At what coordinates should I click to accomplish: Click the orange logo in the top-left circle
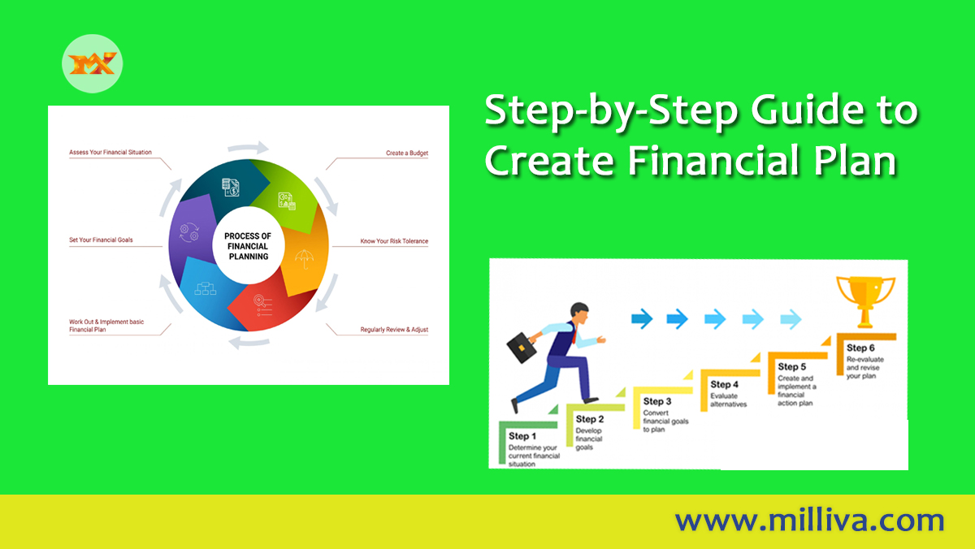click(x=93, y=62)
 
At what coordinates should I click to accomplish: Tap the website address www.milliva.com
click(x=809, y=520)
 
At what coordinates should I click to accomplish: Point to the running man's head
click(x=579, y=313)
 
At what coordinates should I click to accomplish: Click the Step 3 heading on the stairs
click(x=657, y=401)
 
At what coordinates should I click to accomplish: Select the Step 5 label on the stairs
click(x=792, y=367)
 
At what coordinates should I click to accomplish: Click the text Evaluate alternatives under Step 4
click(x=728, y=400)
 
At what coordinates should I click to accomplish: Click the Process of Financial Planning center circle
click(x=248, y=246)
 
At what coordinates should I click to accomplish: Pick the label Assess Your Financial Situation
click(x=110, y=152)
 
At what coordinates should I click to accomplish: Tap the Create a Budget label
click(x=406, y=153)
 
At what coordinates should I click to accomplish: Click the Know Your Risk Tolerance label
click(x=394, y=241)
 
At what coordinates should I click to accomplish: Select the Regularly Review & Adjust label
click(x=394, y=330)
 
